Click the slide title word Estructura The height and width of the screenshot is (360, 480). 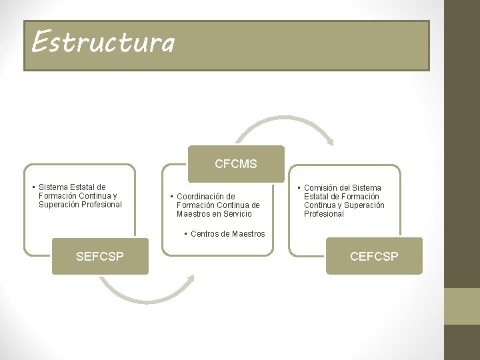(x=103, y=42)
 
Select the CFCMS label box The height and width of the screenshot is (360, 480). (x=236, y=164)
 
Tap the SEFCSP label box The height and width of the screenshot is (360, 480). (x=100, y=256)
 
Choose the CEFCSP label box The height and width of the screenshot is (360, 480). (x=374, y=256)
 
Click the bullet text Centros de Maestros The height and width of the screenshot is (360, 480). (x=227, y=234)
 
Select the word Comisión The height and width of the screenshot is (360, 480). (x=323, y=188)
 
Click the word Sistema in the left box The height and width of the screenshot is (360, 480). (x=55, y=187)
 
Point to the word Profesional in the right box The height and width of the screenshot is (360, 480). (x=324, y=214)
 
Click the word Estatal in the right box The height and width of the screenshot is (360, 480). (x=317, y=197)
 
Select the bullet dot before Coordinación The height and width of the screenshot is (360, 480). (x=171, y=197)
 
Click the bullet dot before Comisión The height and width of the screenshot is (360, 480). (x=299, y=188)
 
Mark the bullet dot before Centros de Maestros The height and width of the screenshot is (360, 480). (x=185, y=234)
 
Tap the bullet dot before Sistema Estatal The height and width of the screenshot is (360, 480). (x=33, y=187)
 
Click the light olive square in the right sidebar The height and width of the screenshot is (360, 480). (x=462, y=306)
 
